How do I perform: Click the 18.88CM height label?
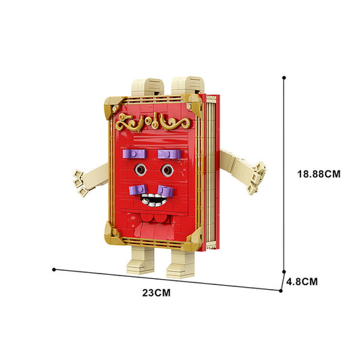click(319, 174)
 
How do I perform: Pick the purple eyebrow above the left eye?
click(134, 155)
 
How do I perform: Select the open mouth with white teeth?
click(153, 200)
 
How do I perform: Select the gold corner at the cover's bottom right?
click(193, 240)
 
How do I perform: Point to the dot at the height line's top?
click(284, 77)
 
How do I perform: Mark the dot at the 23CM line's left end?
click(54, 269)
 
